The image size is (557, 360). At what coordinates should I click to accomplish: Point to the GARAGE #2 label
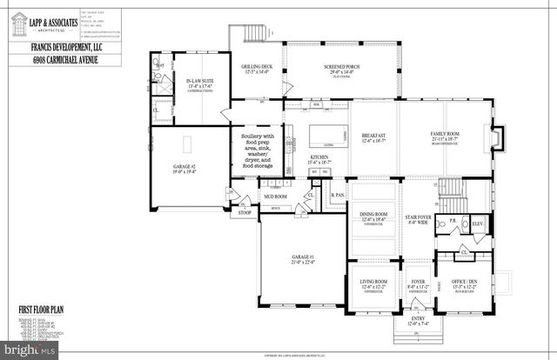tap(172, 169)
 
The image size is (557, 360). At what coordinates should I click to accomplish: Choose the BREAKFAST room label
tap(373, 137)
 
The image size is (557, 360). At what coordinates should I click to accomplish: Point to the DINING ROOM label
tap(372, 218)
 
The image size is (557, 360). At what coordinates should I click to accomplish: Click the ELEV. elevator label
tap(477, 224)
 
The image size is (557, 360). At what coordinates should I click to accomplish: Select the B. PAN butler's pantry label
tap(337, 196)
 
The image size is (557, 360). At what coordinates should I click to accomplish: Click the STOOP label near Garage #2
tap(234, 211)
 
